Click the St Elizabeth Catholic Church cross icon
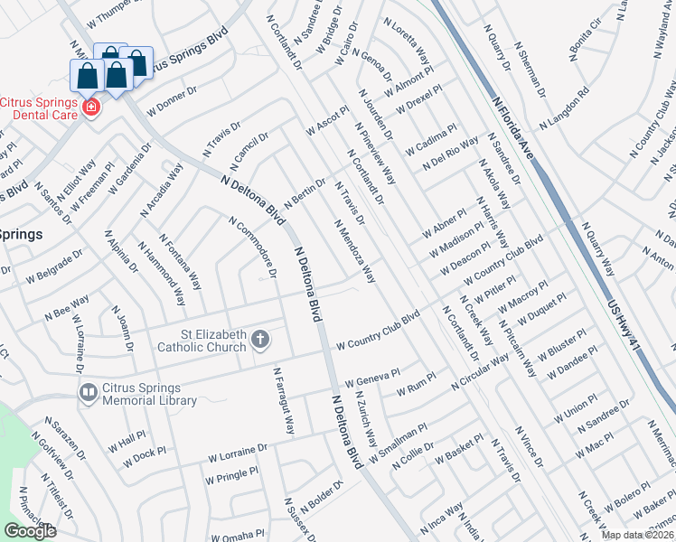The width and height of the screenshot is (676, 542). point(260,339)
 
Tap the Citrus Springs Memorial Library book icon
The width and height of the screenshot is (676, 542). point(89,393)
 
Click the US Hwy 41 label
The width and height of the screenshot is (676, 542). point(634,313)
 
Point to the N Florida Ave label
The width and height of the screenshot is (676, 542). point(512,128)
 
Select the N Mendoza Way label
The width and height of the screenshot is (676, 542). point(354,250)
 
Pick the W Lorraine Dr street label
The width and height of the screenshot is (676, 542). point(237,449)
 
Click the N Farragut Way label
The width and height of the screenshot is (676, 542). point(284,400)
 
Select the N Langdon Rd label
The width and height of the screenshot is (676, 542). point(564,107)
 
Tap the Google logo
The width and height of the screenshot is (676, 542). point(31,531)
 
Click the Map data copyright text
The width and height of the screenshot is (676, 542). point(638,535)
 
